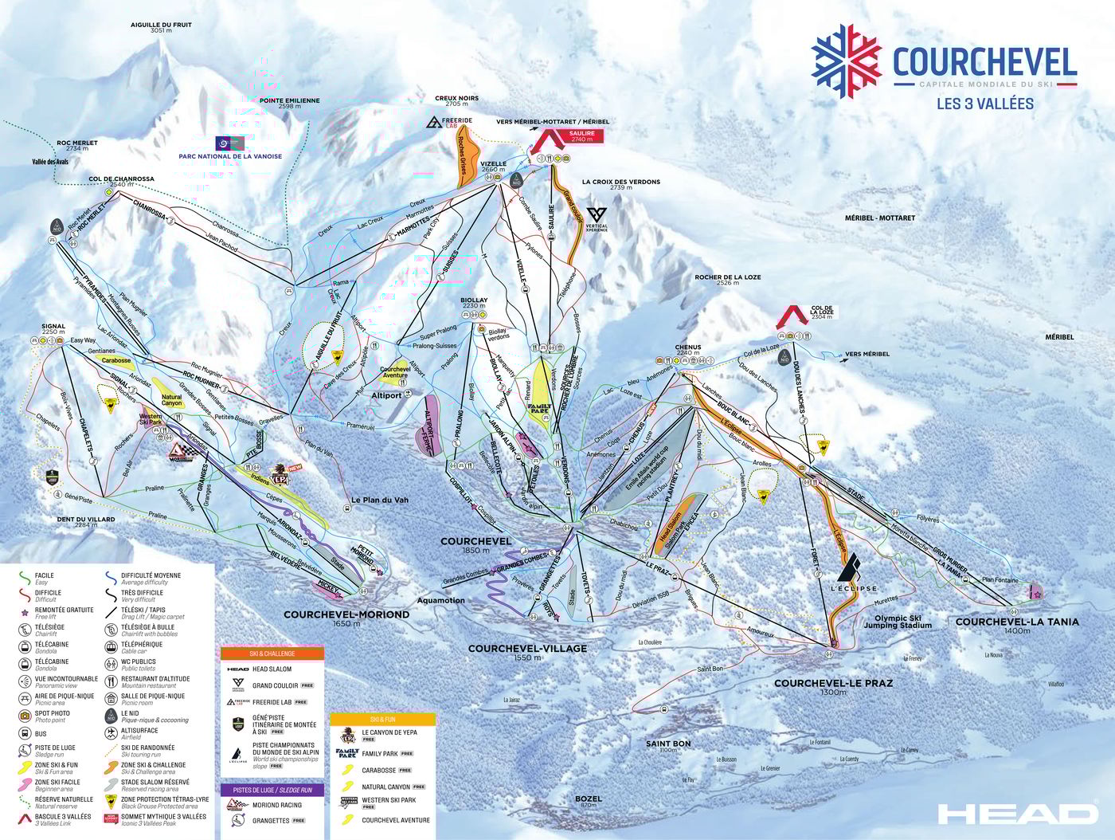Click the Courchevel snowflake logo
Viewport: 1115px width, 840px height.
tap(846, 61)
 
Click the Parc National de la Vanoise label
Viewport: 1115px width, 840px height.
tap(230, 156)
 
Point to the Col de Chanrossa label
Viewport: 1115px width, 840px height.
tap(121, 179)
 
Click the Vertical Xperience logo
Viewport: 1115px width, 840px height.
tap(597, 217)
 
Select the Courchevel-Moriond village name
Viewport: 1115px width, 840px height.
tap(346, 614)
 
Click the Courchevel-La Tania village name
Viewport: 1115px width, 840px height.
tap(1016, 622)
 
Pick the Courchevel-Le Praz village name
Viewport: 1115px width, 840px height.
tap(833, 683)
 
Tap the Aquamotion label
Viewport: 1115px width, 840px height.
tap(440, 600)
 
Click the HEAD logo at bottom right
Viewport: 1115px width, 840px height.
tap(1017, 814)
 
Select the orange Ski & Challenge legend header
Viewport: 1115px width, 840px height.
tap(272, 654)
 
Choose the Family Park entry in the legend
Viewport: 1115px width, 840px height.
tap(380, 753)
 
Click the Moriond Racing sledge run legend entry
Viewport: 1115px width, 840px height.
tap(276, 805)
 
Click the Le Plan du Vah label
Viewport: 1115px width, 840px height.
tap(379, 500)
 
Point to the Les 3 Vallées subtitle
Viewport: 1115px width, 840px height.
tap(984, 104)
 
